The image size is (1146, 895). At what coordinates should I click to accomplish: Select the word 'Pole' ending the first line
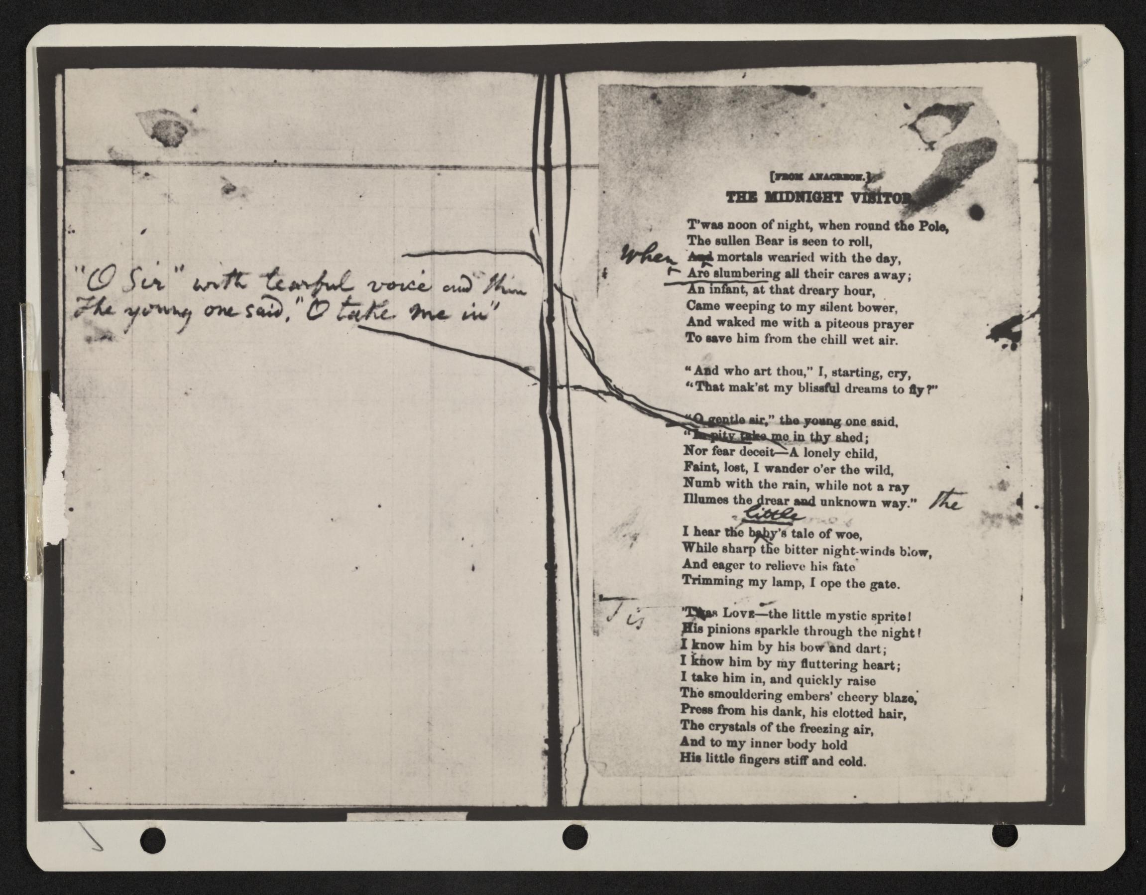click(x=934, y=227)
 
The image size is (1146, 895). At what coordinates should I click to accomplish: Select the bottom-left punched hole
click(x=153, y=838)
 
